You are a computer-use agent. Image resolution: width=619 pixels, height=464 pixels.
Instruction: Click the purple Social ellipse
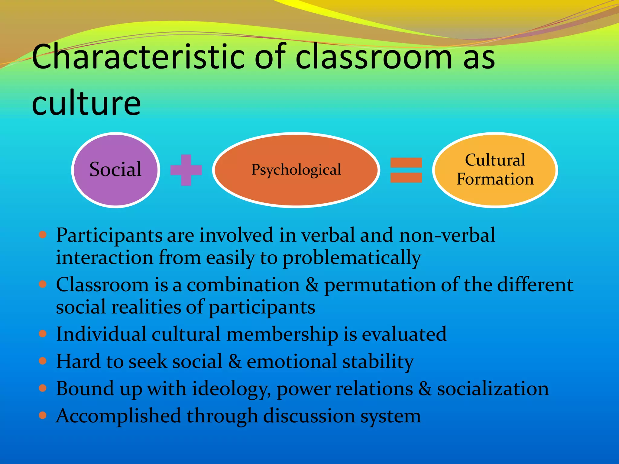(115, 170)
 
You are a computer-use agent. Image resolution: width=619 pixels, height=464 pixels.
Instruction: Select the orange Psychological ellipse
(296, 170)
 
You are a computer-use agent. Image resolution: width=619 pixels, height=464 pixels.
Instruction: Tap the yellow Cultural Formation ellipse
(495, 170)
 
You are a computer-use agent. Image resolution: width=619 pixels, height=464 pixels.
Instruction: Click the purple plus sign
(186, 170)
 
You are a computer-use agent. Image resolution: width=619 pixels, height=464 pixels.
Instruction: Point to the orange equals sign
(406, 170)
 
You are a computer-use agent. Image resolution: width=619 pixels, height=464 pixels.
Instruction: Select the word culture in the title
(86, 103)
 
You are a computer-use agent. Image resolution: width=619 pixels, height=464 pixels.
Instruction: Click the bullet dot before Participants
(43, 235)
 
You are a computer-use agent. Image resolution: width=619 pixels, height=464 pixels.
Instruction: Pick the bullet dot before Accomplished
(43, 415)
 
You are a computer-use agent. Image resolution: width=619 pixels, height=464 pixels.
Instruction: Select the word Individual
(101, 334)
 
